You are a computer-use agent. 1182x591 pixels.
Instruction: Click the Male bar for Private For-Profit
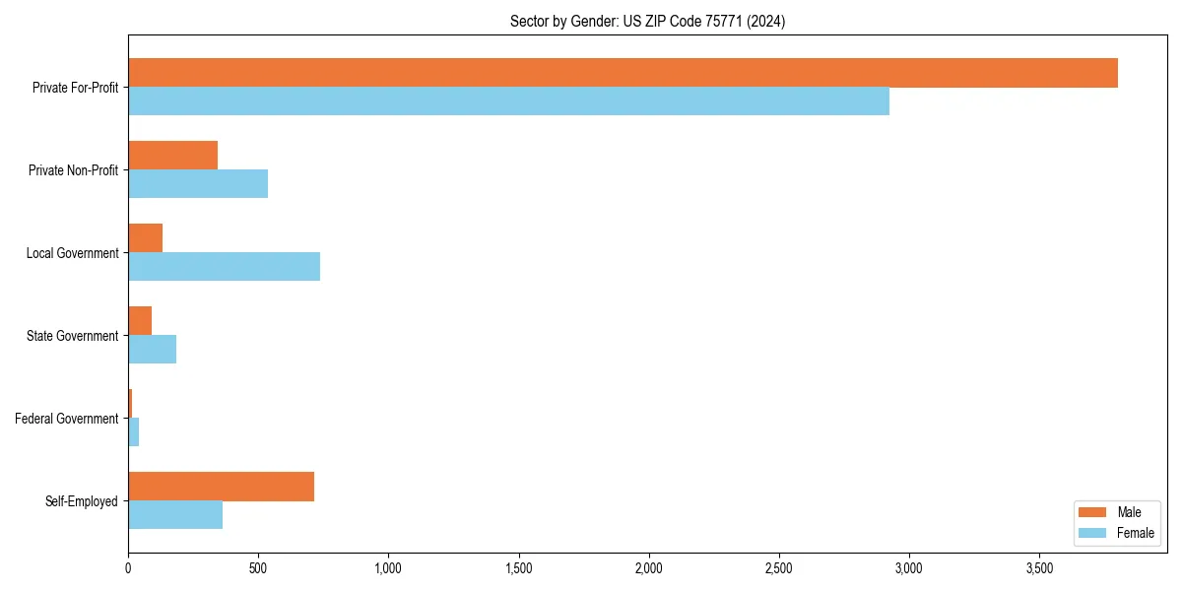tap(623, 73)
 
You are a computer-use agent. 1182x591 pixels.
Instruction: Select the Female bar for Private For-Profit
tap(508, 101)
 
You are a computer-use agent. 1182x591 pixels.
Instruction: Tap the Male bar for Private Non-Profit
tap(172, 156)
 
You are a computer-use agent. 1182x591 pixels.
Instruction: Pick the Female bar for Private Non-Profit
tap(198, 184)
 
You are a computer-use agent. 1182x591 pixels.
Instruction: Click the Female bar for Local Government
tap(224, 267)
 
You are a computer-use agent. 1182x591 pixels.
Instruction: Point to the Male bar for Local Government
tap(145, 238)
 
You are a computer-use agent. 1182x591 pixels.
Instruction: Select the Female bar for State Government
tap(152, 350)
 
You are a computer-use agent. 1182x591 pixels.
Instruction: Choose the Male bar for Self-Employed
tap(221, 487)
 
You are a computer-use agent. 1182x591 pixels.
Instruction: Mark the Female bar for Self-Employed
tap(175, 515)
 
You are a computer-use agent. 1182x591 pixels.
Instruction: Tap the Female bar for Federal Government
tap(134, 432)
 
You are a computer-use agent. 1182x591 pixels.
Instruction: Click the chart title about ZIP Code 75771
tap(647, 21)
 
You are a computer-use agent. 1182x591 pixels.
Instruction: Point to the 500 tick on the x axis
tap(258, 568)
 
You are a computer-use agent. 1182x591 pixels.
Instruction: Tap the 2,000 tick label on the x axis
tap(648, 568)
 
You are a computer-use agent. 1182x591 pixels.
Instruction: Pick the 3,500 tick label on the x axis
tap(1039, 568)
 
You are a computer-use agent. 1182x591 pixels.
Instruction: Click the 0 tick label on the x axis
tap(128, 568)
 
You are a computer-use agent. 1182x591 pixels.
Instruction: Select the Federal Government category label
tap(67, 419)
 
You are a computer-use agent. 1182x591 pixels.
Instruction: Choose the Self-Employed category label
tap(82, 501)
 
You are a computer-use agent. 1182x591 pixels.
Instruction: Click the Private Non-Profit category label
tap(73, 170)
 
